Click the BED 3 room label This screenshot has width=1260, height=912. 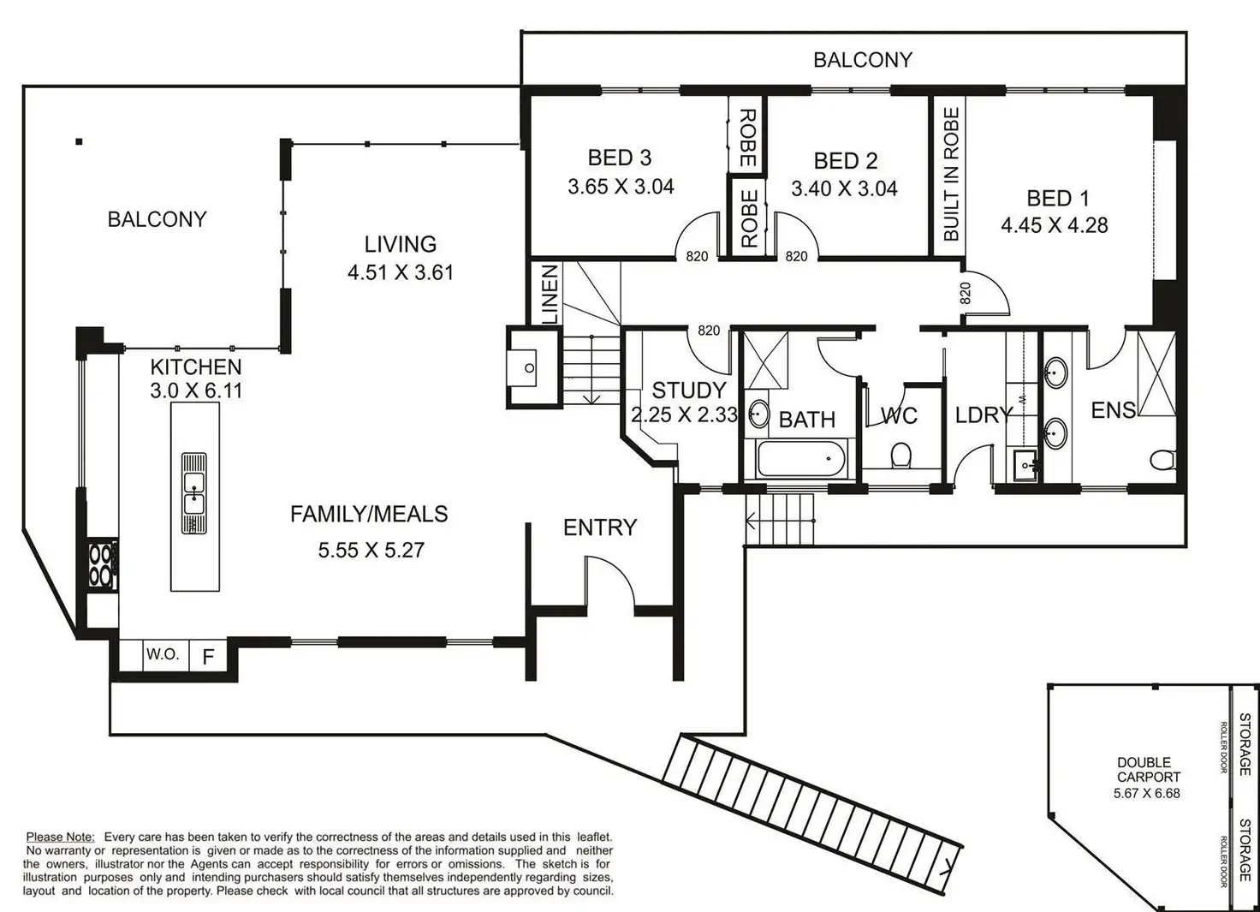[620, 158]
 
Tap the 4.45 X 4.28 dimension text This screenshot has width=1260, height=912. [1054, 225]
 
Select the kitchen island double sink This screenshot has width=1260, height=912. [194, 493]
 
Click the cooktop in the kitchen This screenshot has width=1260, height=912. [103, 564]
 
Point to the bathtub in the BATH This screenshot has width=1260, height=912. [801, 459]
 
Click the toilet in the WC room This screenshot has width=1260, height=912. [900, 455]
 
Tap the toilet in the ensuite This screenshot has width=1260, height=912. [1162, 460]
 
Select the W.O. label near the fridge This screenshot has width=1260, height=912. [163, 653]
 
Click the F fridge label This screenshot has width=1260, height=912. [208, 656]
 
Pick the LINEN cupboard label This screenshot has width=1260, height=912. [550, 295]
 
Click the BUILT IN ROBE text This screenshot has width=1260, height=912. [951, 175]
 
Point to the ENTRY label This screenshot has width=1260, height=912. [600, 528]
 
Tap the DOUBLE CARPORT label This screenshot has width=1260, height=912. [1148, 770]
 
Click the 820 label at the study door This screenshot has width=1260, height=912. [709, 331]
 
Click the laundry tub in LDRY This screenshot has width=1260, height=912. [1025, 465]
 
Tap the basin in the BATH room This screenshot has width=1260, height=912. [758, 414]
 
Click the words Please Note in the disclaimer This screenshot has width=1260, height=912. [60, 837]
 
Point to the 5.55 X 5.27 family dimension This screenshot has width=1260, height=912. [371, 550]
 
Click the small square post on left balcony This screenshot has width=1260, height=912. [80, 142]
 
